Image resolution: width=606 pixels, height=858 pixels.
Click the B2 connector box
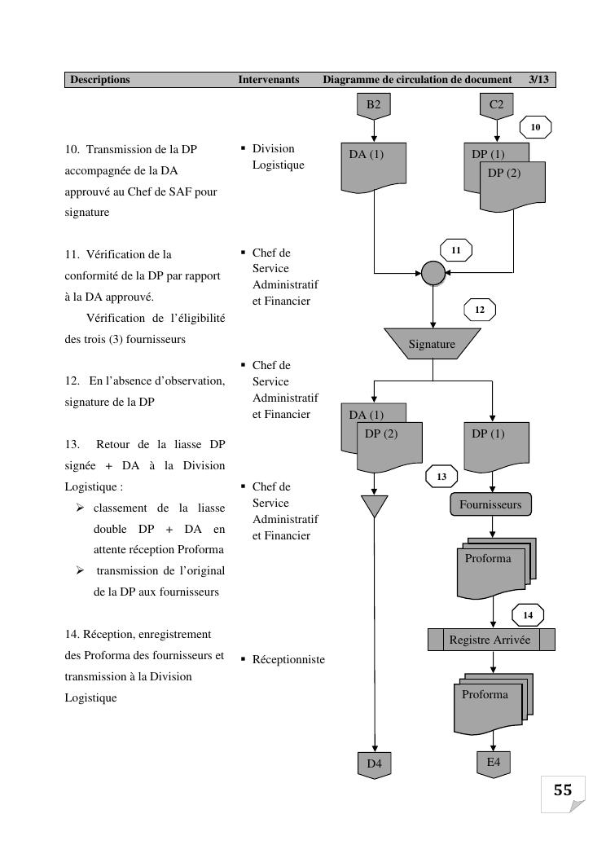[373, 105]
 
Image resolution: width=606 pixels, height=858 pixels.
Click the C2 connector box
[497, 105]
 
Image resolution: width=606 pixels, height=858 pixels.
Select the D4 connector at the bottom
[374, 764]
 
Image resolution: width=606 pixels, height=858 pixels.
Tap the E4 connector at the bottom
[494, 763]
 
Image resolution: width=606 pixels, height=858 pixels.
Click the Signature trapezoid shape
[432, 344]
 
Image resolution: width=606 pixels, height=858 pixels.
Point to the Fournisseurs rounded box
[490, 504]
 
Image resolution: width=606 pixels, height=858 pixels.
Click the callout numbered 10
[535, 128]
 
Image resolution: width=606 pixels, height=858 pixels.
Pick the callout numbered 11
[456, 250]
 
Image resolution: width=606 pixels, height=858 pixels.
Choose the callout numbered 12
[480, 310]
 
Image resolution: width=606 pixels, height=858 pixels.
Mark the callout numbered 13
[442, 476]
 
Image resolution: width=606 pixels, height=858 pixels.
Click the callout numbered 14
[528, 615]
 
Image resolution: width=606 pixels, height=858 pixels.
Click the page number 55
[563, 790]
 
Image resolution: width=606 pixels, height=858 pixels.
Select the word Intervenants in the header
[269, 80]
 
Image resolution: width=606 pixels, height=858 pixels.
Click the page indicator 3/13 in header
[539, 80]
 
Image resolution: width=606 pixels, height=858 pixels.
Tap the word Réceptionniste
[288, 659]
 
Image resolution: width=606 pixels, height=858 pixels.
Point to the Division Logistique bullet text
[278, 156]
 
